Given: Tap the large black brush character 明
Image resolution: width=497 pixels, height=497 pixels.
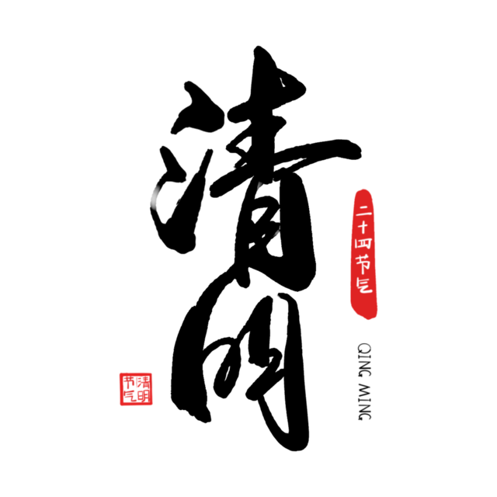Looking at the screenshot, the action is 241,371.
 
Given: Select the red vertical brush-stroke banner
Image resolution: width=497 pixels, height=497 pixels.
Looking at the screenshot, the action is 364,254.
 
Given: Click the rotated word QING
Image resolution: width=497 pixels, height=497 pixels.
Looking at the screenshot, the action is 364,360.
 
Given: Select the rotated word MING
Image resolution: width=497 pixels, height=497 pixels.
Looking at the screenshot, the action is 364,402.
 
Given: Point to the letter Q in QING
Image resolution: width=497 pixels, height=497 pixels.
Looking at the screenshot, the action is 364,348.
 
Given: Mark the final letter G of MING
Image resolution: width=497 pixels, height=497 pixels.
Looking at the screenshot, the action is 364,416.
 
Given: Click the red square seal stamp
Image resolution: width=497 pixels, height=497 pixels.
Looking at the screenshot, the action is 136,389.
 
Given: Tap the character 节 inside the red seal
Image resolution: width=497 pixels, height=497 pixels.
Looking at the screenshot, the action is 130,382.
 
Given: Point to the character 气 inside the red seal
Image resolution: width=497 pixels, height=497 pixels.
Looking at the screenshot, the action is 130,396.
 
